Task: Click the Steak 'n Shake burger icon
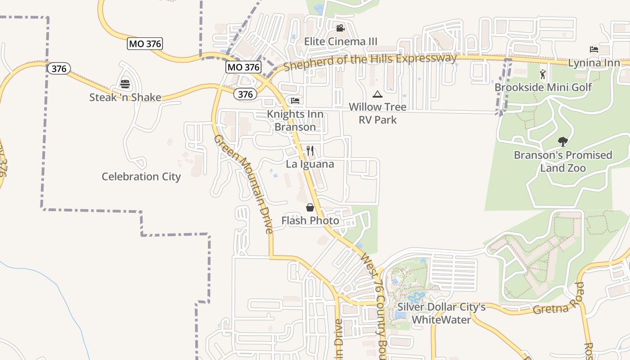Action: click(125, 84)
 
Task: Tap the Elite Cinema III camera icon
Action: click(340, 28)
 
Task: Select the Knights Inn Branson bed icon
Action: click(295, 101)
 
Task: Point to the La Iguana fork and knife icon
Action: click(310, 151)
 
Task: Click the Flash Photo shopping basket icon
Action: click(310, 207)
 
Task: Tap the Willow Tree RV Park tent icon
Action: click(378, 94)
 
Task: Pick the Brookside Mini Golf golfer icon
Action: click(543, 74)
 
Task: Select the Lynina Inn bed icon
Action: click(594, 49)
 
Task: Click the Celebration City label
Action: click(141, 176)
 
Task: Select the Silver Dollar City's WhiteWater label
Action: click(441, 313)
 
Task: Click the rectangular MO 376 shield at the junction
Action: click(243, 67)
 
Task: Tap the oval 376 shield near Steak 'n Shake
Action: click(59, 68)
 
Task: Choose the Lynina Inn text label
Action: click(594, 63)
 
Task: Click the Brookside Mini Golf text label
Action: click(543, 87)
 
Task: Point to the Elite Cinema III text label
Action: click(341, 41)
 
